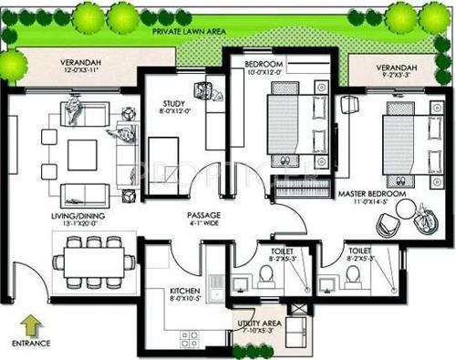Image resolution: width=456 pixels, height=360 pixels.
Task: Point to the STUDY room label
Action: click(x=174, y=103)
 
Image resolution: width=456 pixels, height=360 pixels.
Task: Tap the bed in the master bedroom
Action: click(x=396, y=140)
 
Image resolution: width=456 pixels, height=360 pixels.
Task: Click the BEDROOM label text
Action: click(x=266, y=65)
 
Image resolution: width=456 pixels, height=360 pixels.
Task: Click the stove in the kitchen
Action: click(x=191, y=340)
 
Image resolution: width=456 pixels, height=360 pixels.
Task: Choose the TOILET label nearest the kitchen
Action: click(x=272, y=248)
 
